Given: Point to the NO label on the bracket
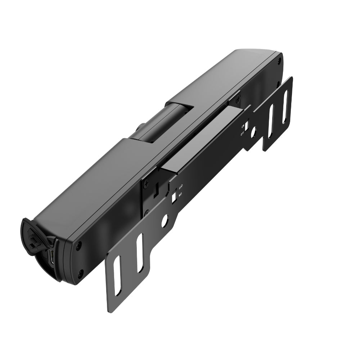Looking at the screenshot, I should (x=180, y=194).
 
